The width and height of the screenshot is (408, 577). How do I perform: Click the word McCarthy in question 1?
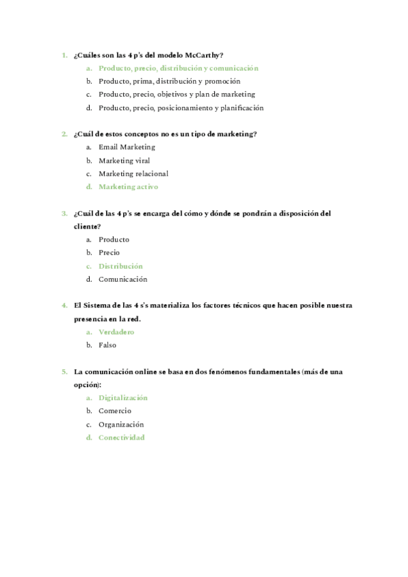tap(207, 55)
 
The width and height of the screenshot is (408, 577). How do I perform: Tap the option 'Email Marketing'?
tap(126, 147)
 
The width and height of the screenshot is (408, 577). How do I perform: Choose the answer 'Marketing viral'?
tap(124, 161)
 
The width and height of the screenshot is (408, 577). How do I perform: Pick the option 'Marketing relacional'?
tap(133, 174)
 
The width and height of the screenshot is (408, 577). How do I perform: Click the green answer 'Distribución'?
tap(120, 266)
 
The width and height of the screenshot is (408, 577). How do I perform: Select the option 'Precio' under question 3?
tap(109, 252)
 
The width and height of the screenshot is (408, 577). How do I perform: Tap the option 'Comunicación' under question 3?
tap(122, 279)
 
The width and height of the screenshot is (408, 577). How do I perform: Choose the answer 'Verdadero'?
tap(116, 332)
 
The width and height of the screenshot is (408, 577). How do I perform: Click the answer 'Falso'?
tap(107, 345)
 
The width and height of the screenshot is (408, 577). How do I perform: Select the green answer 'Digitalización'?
tap(122, 398)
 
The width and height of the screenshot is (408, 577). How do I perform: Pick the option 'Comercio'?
tap(115, 411)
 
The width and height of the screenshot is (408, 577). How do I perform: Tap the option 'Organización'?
tap(121, 425)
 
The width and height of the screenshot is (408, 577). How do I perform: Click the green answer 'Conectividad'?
tap(121, 438)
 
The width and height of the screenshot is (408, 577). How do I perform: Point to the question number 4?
tap(64, 306)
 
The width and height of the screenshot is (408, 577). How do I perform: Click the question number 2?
tap(64, 134)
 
